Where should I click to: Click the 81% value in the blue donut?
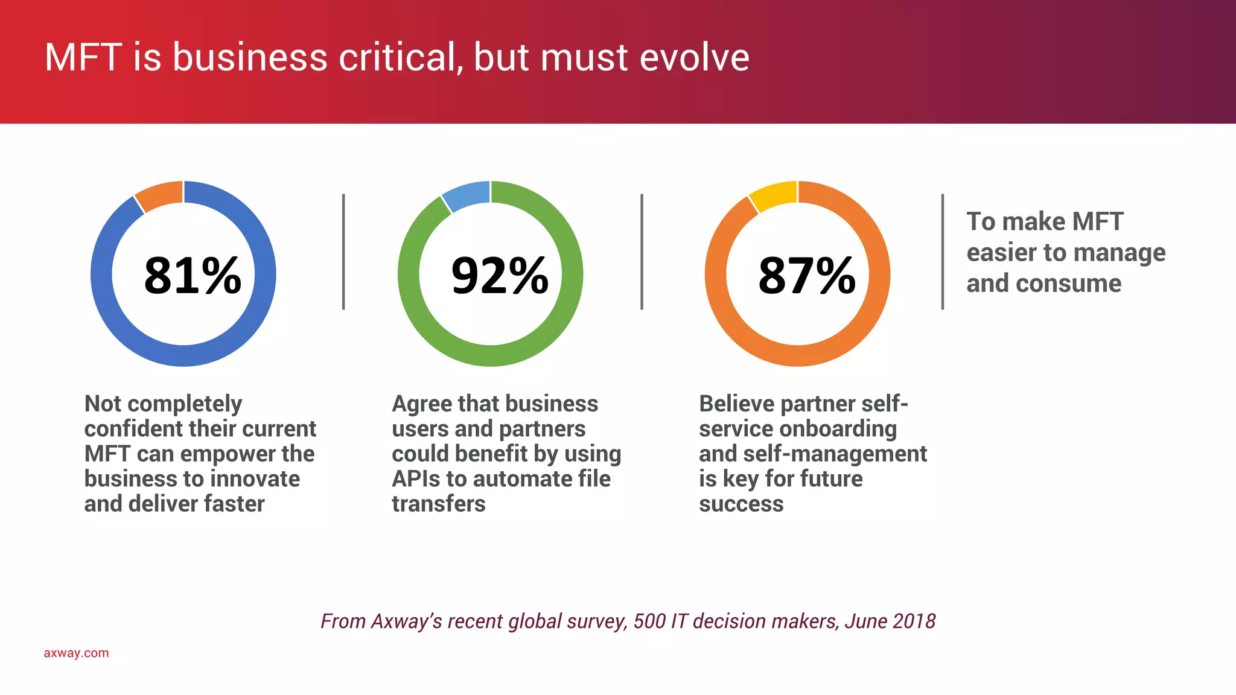pyautogui.click(x=193, y=276)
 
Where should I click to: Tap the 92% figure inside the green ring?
pyautogui.click(x=500, y=276)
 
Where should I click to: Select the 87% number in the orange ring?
pyautogui.click(x=807, y=276)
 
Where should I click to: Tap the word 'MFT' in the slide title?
pyautogui.click(x=83, y=58)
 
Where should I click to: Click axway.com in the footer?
pyautogui.click(x=76, y=653)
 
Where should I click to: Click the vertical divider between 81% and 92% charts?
pyautogui.click(x=343, y=252)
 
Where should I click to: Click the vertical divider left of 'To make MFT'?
pyautogui.click(x=942, y=252)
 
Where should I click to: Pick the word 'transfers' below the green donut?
pyautogui.click(x=439, y=504)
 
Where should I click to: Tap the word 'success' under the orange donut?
pyautogui.click(x=741, y=504)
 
